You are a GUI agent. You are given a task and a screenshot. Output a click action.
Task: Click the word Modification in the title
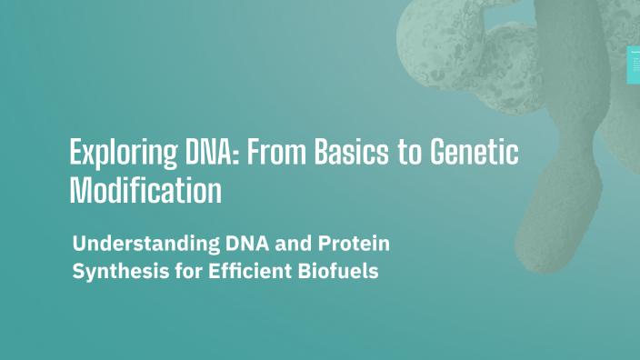tap(145, 190)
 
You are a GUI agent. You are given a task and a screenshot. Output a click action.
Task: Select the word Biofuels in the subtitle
tap(332, 271)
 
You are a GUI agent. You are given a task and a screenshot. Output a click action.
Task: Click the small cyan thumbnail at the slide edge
tap(634, 65)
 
